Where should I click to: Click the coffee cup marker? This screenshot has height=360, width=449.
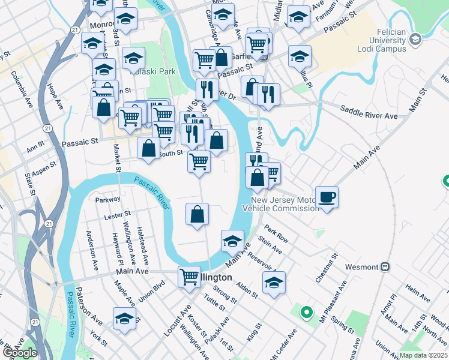(x=327, y=197)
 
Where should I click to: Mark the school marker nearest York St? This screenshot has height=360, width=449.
(x=124, y=318)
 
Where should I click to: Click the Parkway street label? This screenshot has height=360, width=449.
(x=108, y=199)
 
